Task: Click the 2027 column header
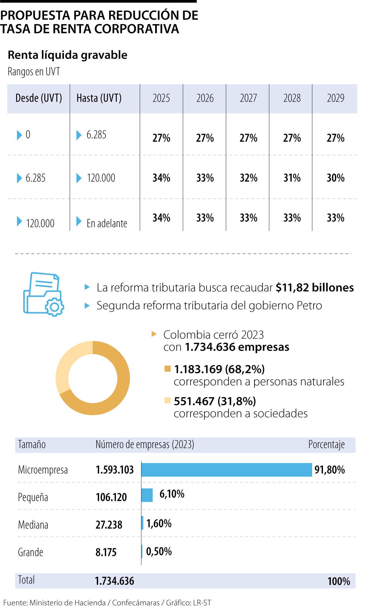pos(248,98)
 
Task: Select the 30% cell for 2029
pos(335,178)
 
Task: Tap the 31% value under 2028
pos(292,178)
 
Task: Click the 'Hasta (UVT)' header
pos(99,98)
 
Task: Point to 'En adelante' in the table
pos(106,223)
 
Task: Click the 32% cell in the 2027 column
pos(248,178)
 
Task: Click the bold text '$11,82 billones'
pos(314,288)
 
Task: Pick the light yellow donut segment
pos(66,363)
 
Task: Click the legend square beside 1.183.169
pos(167,369)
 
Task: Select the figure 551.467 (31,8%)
pos(215,401)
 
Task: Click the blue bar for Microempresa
pos(226,470)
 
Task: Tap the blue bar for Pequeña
pos(147,495)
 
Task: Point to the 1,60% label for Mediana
pos(159,524)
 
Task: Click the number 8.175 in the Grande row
pos(106,552)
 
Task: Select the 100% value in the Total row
pos(338,581)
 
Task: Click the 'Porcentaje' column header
pos(326,445)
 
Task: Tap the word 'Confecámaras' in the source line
pos(136,603)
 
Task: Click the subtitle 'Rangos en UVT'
pos(34,72)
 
